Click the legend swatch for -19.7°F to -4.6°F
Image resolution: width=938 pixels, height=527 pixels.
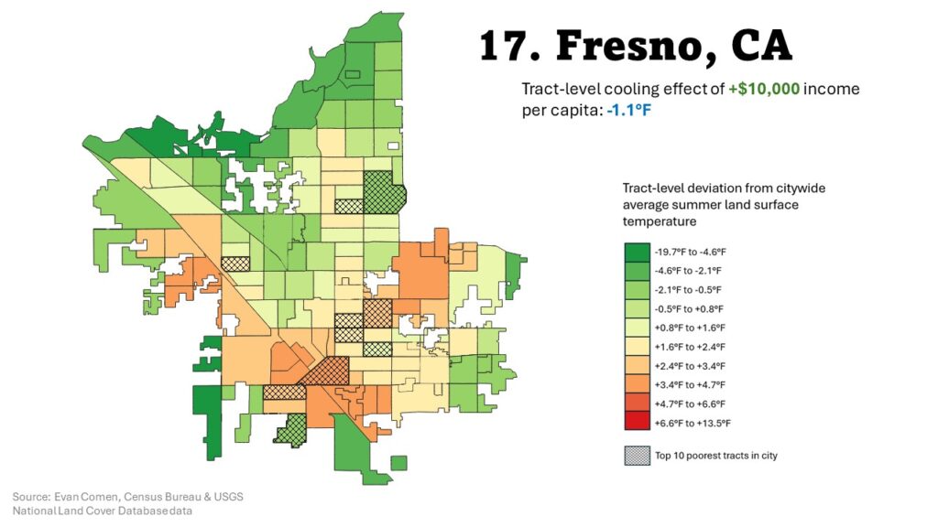tap(637, 252)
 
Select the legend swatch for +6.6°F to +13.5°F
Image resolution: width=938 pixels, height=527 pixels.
tap(637, 423)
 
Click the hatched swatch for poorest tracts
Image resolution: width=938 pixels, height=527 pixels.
tap(637, 455)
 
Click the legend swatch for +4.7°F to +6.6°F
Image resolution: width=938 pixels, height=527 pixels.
tap(637, 403)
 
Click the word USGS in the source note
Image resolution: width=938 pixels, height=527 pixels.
tap(227, 496)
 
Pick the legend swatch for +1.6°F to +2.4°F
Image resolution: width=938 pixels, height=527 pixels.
tap(637, 347)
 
